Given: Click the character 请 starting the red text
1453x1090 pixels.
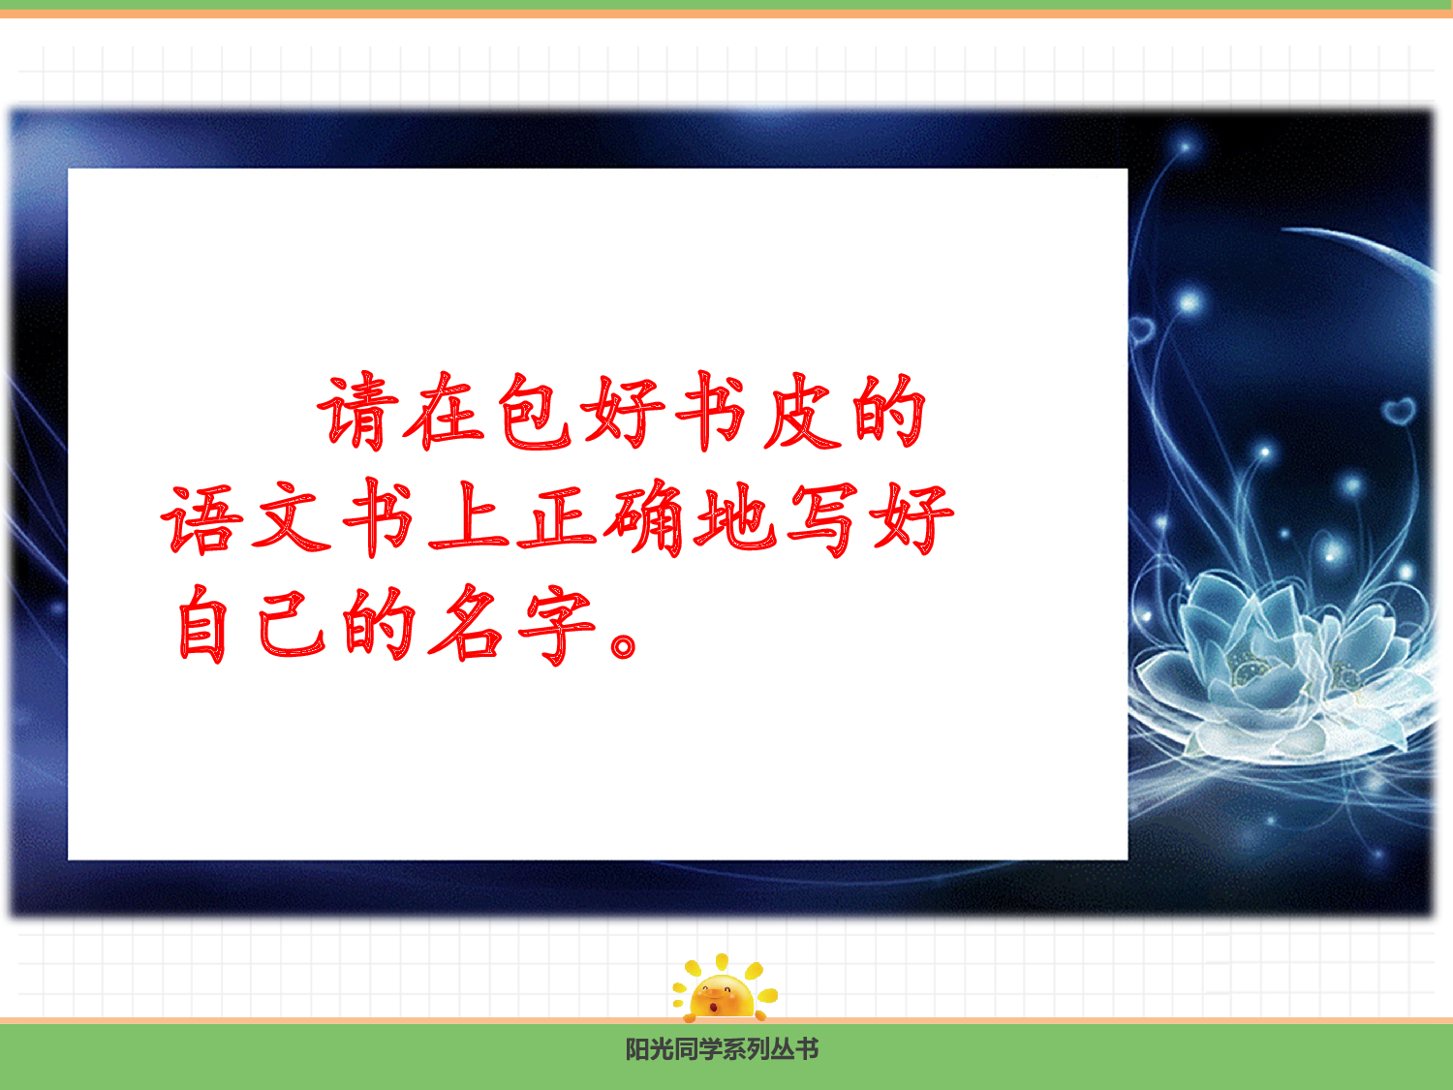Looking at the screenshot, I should pyautogui.click(x=359, y=413).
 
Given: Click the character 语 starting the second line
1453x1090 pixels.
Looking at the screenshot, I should pyautogui.click(x=202, y=519).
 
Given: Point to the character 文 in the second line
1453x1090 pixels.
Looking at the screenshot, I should pyautogui.click(x=292, y=519).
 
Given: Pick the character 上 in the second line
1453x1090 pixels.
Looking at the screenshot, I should pyautogui.click(x=470, y=519).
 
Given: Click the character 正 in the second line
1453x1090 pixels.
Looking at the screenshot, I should pyautogui.click(x=558, y=519).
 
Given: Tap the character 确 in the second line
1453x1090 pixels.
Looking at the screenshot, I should pyautogui.click(x=645, y=519).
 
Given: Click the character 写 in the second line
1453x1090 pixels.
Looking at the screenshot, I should pyautogui.click(x=822, y=519).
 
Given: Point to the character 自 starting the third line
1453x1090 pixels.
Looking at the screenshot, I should pyautogui.click(x=202, y=625).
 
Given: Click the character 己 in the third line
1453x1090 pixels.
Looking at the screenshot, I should pyautogui.click(x=292, y=625).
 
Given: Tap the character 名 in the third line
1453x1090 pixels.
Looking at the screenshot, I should pyautogui.click(x=468, y=625).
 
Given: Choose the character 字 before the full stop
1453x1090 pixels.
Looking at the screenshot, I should pyautogui.click(x=556, y=625).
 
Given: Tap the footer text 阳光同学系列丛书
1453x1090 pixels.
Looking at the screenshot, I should pyautogui.click(x=723, y=1049).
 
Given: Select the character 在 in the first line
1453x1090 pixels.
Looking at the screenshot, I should pyautogui.click(x=445, y=413).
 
